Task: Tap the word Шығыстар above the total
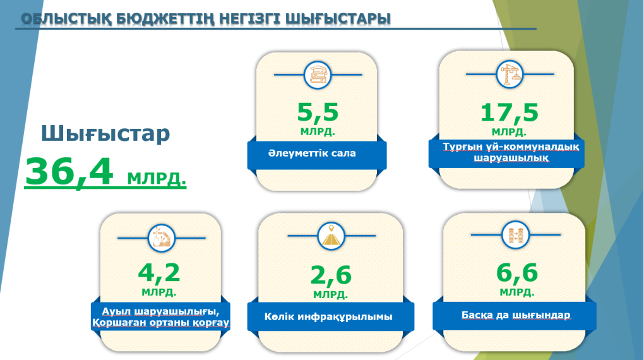[105, 133]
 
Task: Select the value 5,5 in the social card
[318, 112]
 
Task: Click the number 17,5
[509, 112]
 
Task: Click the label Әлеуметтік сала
[311, 153]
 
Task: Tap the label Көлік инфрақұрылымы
[328, 316]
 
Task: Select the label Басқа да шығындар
[516, 315]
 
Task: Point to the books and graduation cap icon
[318, 75]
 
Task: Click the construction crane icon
[510, 74]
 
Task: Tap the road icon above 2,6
[330, 236]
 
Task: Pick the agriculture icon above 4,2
[160, 237]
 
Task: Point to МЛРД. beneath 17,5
[509, 132]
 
